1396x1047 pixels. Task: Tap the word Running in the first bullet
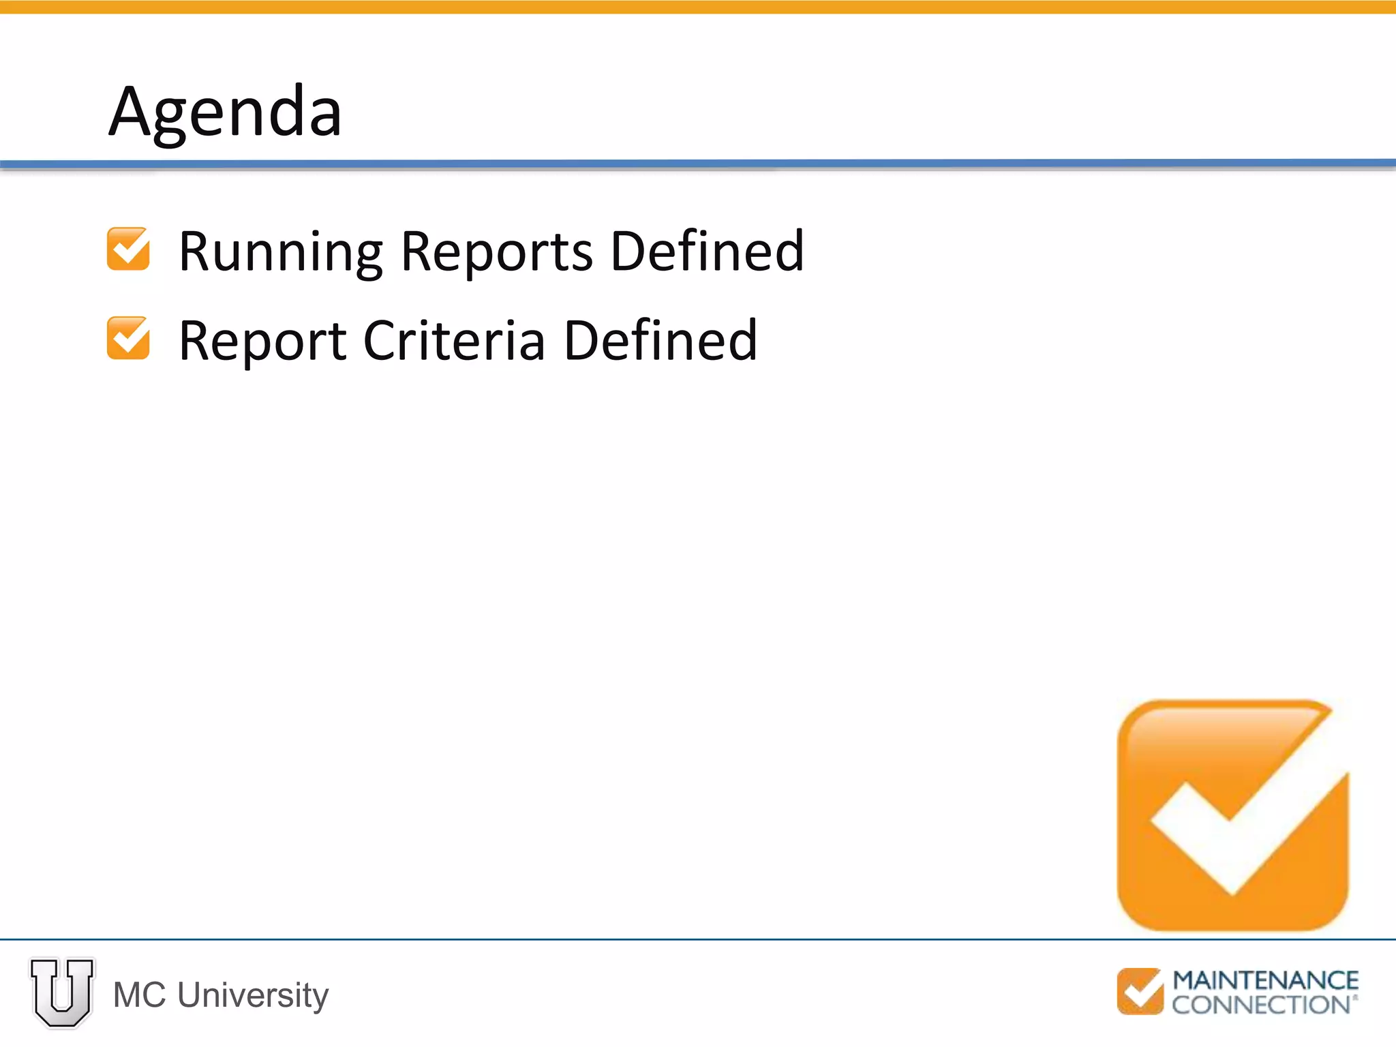281,252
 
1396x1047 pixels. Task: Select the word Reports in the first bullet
497,252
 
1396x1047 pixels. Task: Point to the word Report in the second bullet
262,341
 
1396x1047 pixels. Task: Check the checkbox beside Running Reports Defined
128,249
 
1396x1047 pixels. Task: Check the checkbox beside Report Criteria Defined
128,338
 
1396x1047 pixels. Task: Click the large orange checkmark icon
1232,815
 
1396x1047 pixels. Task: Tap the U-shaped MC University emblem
62,992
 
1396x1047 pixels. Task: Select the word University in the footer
253,995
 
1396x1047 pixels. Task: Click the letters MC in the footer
140,995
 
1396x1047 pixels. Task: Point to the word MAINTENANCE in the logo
1265,980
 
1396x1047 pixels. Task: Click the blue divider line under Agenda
698,164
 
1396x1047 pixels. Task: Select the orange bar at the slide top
698,7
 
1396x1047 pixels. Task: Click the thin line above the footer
698,939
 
